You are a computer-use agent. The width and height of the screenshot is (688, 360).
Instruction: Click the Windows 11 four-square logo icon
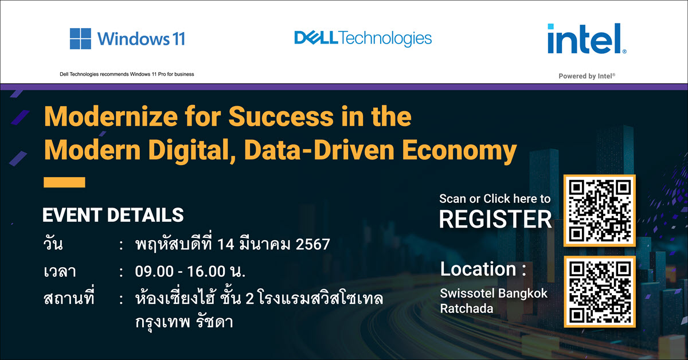click(80, 39)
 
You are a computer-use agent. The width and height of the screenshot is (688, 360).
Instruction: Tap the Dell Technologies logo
click(363, 38)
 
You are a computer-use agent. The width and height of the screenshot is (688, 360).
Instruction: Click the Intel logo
click(587, 38)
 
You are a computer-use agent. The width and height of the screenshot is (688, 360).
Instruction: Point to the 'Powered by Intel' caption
click(587, 76)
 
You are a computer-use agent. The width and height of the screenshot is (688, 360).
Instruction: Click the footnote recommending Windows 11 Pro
click(127, 74)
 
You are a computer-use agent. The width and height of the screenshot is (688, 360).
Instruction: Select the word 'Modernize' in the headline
click(111, 116)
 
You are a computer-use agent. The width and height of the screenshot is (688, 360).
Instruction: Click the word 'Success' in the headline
click(281, 116)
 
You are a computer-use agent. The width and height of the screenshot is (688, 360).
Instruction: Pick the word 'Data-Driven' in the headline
click(319, 150)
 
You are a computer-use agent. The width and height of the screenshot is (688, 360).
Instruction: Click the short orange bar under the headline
click(64, 182)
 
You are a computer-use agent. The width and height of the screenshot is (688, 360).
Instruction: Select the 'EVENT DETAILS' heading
click(113, 215)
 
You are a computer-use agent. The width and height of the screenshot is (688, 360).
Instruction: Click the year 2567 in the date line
click(312, 245)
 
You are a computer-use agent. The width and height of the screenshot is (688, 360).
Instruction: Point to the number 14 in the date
click(226, 245)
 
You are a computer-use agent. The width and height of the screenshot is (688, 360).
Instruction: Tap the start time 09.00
click(154, 272)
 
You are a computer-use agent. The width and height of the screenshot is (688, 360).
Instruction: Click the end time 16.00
click(206, 272)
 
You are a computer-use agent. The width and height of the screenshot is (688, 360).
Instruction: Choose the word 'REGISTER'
click(495, 220)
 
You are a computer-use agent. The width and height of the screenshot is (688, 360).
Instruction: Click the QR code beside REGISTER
click(600, 210)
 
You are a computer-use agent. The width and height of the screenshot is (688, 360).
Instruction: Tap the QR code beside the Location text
click(600, 292)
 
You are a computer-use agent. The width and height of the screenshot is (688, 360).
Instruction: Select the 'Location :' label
click(483, 269)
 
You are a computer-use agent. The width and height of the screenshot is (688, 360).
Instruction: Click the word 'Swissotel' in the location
click(468, 294)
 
